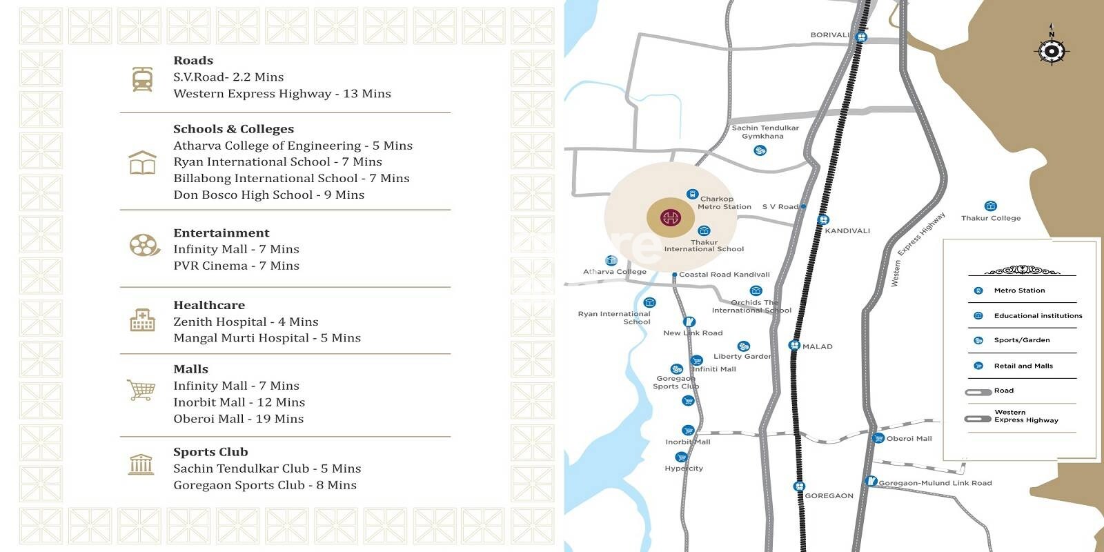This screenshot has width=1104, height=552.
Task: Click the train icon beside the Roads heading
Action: pyautogui.click(x=143, y=79)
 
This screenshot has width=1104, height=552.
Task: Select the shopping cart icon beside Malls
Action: pyautogui.click(x=141, y=390)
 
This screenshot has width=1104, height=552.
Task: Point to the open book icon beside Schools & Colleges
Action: pyautogui.click(x=142, y=164)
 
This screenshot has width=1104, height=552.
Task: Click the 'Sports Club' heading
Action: pyautogui.click(x=210, y=452)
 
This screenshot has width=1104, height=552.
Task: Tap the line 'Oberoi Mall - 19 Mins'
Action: pyautogui.click(x=238, y=419)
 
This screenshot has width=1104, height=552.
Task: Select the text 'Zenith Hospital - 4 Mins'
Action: pyautogui.click(x=246, y=322)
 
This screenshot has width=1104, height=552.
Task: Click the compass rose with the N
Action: pyautogui.click(x=1051, y=50)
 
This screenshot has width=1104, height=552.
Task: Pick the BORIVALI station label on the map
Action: pyautogui.click(x=830, y=35)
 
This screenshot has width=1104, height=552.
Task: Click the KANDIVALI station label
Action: pyautogui.click(x=847, y=231)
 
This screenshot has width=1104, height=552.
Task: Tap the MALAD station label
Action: pyautogui.click(x=818, y=346)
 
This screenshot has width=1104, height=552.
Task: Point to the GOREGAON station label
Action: pyautogui.click(x=829, y=495)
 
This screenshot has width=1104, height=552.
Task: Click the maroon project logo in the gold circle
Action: pyautogui.click(x=670, y=219)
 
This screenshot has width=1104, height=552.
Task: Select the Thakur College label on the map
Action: pyautogui.click(x=991, y=218)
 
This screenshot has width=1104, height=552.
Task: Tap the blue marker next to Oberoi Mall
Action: pyautogui.click(x=878, y=438)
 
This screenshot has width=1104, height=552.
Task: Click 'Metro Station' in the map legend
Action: pyautogui.click(x=1019, y=290)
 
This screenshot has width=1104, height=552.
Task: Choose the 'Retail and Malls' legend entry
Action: pyautogui.click(x=1023, y=366)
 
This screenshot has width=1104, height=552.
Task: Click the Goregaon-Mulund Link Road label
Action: pyautogui.click(x=935, y=483)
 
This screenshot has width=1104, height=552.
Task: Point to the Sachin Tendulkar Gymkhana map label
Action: pyautogui.click(x=765, y=132)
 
